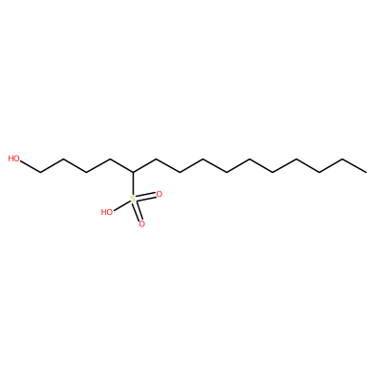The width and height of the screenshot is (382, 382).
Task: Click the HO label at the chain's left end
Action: pyautogui.click(x=13, y=159)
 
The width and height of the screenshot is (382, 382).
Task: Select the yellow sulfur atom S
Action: pyautogui.click(x=133, y=200)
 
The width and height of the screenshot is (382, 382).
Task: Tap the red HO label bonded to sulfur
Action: pyautogui.click(x=107, y=212)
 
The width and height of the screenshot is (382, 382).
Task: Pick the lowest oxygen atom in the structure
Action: pyautogui.click(x=142, y=224)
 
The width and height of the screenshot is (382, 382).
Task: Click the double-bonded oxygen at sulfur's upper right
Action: pyautogui.click(x=159, y=194)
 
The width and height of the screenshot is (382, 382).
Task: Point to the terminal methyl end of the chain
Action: pyautogui.click(x=367, y=172)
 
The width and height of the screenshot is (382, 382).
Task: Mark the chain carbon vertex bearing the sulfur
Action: pyautogui.click(x=133, y=172)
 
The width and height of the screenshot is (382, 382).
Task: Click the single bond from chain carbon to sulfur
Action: pyautogui.click(x=133, y=184)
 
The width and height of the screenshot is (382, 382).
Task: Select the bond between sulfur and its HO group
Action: pyautogui.click(x=122, y=205)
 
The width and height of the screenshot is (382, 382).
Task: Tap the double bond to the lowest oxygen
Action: pyautogui.click(x=138, y=212)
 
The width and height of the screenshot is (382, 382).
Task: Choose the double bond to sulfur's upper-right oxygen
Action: pyautogui.click(x=146, y=197)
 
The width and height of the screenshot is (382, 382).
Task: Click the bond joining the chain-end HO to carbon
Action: pyautogui.click(x=30, y=166)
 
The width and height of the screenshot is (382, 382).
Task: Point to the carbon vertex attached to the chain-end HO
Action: pyautogui.click(x=40, y=172)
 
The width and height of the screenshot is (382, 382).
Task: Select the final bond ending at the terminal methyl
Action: pyautogui.click(x=354, y=165)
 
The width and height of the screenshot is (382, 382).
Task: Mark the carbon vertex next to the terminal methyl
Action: pyautogui.click(x=343, y=159)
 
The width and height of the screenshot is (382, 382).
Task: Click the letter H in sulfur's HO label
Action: pyautogui.click(x=104, y=212)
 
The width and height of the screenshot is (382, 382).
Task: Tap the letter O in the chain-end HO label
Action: pyautogui.click(x=16, y=159)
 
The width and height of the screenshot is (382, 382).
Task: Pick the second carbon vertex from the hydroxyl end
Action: pyautogui.click(x=63, y=159)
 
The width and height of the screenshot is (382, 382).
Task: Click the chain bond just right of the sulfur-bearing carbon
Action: pyautogui.click(x=145, y=165)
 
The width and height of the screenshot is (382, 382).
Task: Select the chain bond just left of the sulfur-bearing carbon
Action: pyautogui.click(x=121, y=165)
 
